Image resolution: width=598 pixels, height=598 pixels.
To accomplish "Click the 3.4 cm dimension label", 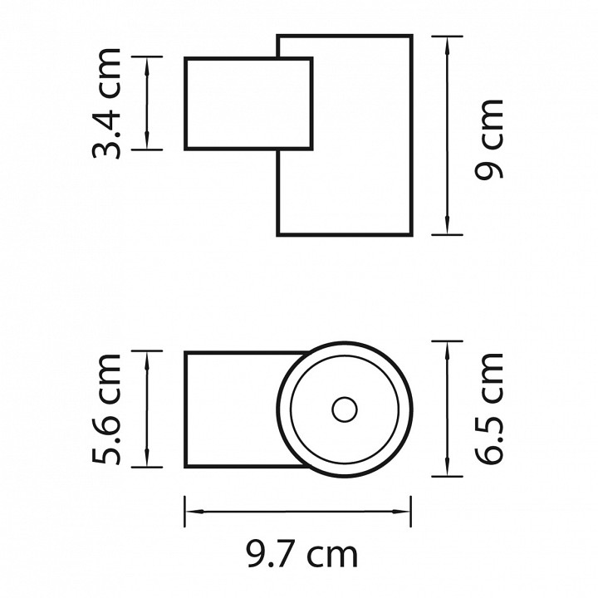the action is pyautogui.click(x=106, y=103).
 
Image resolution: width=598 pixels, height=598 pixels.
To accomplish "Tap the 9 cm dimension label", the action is pyautogui.click(x=489, y=139).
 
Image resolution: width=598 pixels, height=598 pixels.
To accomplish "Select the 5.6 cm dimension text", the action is pyautogui.click(x=106, y=409).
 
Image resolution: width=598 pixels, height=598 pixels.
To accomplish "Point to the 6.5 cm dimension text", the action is pyautogui.click(x=489, y=409).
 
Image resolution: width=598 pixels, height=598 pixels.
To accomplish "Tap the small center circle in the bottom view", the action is pyautogui.click(x=345, y=409).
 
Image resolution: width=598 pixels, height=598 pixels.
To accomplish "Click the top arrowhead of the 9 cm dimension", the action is pyautogui.click(x=447, y=44).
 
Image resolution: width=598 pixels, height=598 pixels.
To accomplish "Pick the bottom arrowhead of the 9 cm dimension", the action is pyautogui.click(x=447, y=227).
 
